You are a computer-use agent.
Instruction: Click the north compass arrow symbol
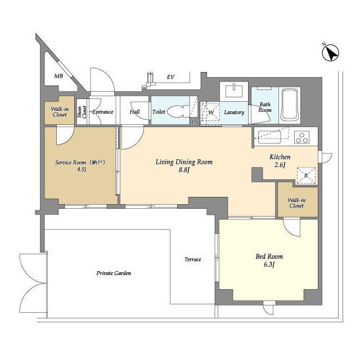(x=330, y=52)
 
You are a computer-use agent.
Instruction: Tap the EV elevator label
(x=170, y=77)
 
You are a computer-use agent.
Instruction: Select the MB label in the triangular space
(x=58, y=76)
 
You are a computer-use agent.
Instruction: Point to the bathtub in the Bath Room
(x=290, y=105)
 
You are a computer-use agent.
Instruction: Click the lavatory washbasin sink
(x=234, y=91)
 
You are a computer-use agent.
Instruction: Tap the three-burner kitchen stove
(x=302, y=137)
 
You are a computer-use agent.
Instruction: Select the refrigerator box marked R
(x=306, y=175)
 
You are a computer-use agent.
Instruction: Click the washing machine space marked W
(x=211, y=112)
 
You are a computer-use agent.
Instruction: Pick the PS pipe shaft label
(x=195, y=122)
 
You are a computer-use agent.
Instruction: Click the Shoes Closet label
(x=82, y=112)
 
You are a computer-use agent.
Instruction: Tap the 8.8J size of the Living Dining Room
(x=184, y=170)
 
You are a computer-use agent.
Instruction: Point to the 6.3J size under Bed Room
(x=269, y=264)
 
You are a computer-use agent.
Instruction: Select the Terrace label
(x=192, y=259)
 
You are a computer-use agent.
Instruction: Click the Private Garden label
(x=114, y=273)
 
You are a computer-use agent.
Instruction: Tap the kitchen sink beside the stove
(x=269, y=137)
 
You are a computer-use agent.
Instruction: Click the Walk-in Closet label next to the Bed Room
(x=296, y=203)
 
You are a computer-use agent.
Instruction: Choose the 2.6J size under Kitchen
(x=280, y=165)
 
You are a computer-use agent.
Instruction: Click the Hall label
(x=134, y=112)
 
